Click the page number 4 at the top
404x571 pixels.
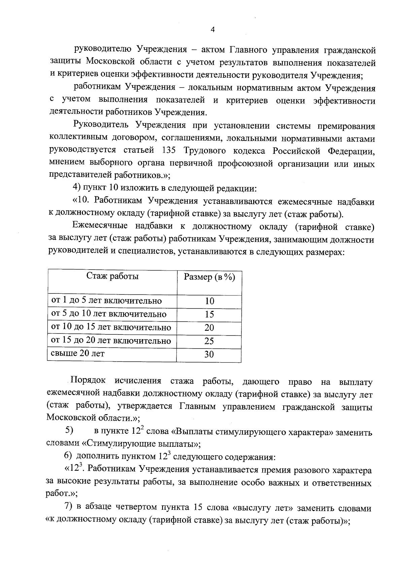[212, 30]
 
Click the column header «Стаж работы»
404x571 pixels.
[112, 276]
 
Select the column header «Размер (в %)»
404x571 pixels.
[209, 277]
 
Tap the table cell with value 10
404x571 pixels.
[209, 301]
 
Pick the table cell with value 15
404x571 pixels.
[209, 315]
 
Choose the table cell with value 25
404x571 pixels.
[209, 341]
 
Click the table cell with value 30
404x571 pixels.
[209, 354]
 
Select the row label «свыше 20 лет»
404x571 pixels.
[78, 354]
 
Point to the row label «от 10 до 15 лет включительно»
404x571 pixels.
[111, 327]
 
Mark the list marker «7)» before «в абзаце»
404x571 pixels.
[68, 508]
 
